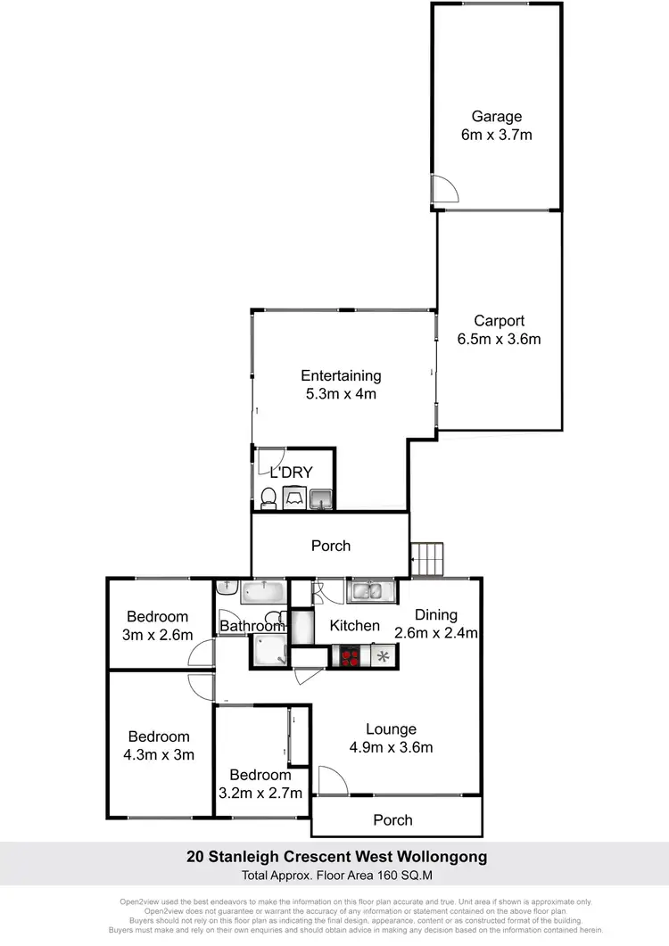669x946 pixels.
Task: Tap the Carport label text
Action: (499, 321)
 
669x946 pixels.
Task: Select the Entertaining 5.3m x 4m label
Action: (341, 384)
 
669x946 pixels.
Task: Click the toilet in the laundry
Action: (268, 498)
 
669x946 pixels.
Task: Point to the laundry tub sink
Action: (321, 498)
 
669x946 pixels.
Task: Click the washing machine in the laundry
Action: (294, 497)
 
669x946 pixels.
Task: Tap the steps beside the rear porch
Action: (426, 559)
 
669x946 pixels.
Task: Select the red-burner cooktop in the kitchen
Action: (350, 656)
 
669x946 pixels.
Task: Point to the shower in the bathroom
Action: (268, 653)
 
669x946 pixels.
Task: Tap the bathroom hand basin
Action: (226, 588)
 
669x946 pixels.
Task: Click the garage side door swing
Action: (443, 189)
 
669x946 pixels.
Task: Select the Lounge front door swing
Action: (333, 780)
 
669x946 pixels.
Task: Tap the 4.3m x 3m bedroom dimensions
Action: (159, 754)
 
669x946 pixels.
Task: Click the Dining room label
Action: (435, 614)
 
